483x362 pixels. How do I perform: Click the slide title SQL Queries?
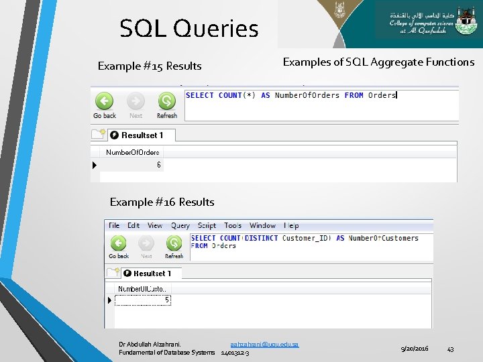click(x=189, y=29)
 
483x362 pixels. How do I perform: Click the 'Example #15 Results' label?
click(x=150, y=66)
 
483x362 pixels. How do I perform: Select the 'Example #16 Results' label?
click(x=162, y=202)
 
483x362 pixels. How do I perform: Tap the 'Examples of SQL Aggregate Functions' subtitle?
click(x=378, y=62)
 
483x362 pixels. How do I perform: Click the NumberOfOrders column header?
click(x=133, y=152)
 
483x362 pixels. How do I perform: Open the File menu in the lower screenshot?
click(x=114, y=225)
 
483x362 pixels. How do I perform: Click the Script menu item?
click(x=207, y=225)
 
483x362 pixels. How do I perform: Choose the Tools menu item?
click(x=233, y=225)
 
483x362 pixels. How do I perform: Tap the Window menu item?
click(x=262, y=225)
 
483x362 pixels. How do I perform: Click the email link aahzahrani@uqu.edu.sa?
click(x=264, y=344)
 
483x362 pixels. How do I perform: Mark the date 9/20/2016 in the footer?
click(x=415, y=349)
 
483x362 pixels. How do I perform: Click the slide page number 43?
click(x=450, y=349)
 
